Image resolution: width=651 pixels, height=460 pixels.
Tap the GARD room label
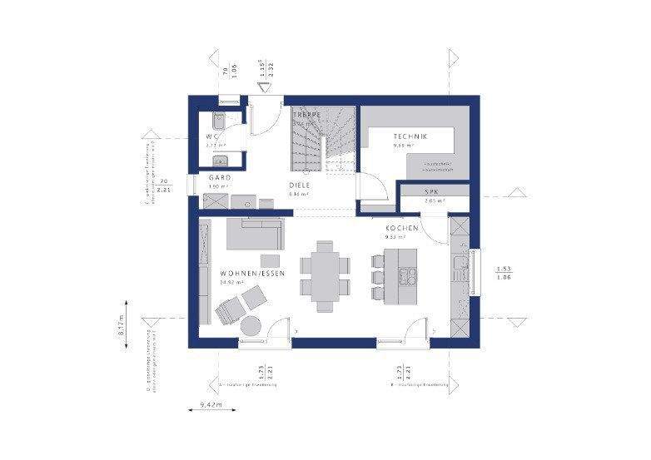pyautogui.click(x=220, y=178)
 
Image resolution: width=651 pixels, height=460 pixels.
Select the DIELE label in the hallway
pyautogui.click(x=300, y=185)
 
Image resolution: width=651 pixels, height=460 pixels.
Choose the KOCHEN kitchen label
pyautogui.click(x=401, y=227)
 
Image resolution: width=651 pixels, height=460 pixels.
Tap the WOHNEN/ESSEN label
pyautogui.click(x=253, y=273)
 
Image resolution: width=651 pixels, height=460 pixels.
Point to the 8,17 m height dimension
pyautogui.click(x=122, y=325)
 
